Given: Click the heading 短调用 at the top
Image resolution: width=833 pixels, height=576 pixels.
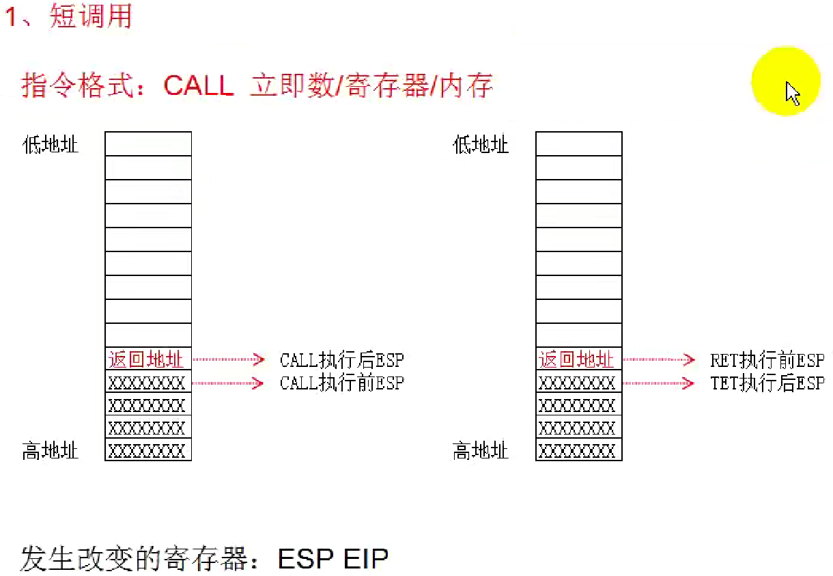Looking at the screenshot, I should (x=90, y=16).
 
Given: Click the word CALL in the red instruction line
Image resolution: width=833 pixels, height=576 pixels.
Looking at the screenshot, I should (x=199, y=86).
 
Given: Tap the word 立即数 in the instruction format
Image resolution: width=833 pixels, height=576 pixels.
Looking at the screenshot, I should (x=292, y=86).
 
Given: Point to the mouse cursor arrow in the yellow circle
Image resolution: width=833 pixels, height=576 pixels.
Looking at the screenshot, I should (x=792, y=93).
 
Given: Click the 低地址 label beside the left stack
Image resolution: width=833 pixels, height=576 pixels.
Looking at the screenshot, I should (x=51, y=145).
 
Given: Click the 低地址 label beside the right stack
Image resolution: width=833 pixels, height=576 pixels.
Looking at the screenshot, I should (x=481, y=145).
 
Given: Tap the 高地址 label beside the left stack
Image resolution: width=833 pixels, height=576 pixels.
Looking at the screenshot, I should (x=51, y=451).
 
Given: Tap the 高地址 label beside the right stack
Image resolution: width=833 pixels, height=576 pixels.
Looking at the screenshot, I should (x=481, y=451).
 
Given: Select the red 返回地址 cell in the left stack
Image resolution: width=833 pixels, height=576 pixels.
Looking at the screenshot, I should (x=147, y=359).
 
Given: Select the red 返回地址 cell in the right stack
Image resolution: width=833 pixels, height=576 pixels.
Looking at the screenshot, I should (x=578, y=359).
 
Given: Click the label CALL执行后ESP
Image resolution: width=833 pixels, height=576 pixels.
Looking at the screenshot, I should (x=342, y=359).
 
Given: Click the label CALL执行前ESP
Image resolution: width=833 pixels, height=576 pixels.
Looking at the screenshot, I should (x=342, y=383).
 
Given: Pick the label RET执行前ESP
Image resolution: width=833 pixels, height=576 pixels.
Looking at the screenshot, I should (x=767, y=359).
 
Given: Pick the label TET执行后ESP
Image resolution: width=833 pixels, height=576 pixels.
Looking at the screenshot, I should (x=767, y=383).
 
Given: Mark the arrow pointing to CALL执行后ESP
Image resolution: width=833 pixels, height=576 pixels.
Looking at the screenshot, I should (x=229, y=359).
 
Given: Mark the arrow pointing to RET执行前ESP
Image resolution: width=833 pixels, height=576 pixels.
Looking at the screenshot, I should (x=659, y=359).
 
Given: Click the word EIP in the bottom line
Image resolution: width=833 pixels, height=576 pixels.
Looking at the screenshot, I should (x=366, y=558).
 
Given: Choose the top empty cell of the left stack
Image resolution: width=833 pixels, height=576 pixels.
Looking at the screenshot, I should (x=147, y=144).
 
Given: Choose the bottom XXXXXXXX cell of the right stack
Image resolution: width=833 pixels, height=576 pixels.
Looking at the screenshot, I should (x=578, y=451).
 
